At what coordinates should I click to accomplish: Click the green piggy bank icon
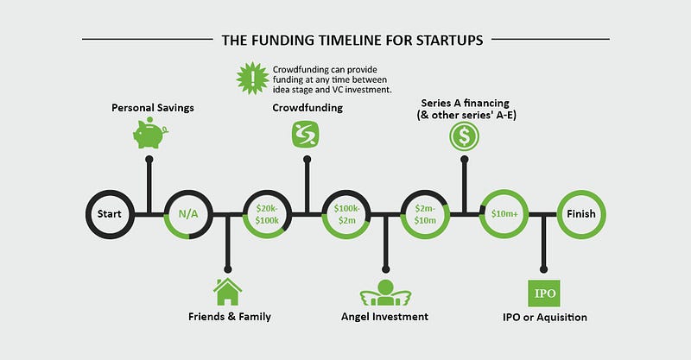coord(149,133)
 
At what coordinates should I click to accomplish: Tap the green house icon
coord(227,291)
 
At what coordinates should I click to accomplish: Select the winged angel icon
coord(385,293)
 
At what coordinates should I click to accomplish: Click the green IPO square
coord(544,293)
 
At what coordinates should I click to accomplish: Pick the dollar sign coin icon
coord(465,136)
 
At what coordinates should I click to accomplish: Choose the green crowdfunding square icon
coord(306,134)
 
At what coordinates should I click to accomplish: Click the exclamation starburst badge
coord(252,79)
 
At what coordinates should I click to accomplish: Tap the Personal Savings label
coord(153,108)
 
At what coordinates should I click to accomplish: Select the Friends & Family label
coord(230,316)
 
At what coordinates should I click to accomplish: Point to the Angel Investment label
coord(384,317)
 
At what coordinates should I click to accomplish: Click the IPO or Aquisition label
coord(545,317)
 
